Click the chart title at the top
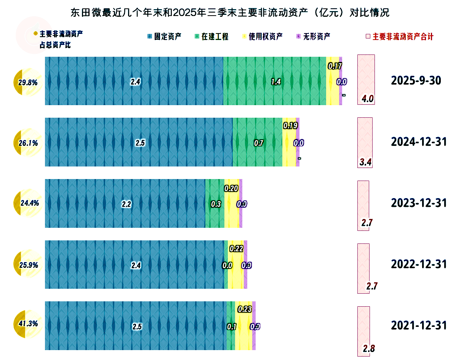pos(230,13)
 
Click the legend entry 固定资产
pos(164,37)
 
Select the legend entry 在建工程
pos(211,37)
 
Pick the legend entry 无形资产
pos(313,37)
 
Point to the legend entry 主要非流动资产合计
pos(400,37)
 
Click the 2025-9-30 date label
pos(416,81)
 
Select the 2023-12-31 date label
pos(419,203)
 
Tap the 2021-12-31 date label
pos(419,325)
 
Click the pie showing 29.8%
pos(28,82)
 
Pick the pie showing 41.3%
pos(28,324)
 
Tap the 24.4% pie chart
pos(28,203)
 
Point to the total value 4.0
pos(368,99)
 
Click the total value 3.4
pos(365,162)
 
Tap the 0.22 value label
pos(236,249)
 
